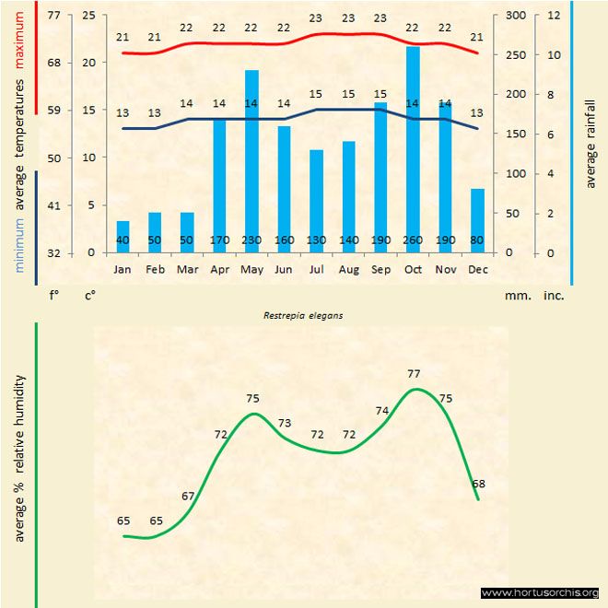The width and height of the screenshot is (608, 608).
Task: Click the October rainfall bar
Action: [413, 147]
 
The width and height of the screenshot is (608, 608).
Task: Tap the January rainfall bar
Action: [123, 236]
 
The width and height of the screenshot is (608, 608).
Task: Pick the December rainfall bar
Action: [477, 220]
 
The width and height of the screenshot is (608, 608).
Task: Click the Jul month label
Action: [316, 269]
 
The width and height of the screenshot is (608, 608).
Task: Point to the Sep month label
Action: [380, 269]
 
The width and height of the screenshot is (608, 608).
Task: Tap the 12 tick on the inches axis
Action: [554, 16]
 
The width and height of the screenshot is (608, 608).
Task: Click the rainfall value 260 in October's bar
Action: [413, 241]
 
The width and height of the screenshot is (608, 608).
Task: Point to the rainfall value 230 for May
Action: [251, 241]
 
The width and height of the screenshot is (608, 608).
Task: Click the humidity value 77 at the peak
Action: [414, 373]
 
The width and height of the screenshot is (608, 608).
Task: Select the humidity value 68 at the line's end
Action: [479, 484]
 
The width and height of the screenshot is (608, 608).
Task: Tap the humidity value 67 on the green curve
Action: [188, 497]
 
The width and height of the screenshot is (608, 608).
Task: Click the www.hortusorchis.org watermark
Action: [540, 592]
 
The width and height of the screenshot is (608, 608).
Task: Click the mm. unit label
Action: [514, 296]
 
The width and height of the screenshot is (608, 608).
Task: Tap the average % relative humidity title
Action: [20, 459]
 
